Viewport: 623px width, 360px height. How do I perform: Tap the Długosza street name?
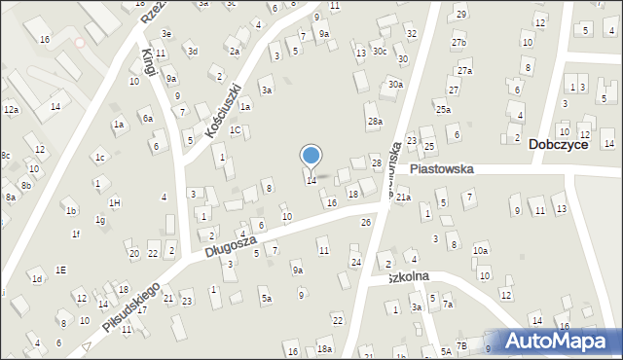tap(230, 244)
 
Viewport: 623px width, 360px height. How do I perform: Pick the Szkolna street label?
tap(409, 276)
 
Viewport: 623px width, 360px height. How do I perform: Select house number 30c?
tap(380, 51)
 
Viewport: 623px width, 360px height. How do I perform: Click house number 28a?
tap(375, 122)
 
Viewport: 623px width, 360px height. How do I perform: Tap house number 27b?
tap(458, 44)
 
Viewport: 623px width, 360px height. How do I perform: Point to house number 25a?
tap(443, 110)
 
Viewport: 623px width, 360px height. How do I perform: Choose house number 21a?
tap(402, 198)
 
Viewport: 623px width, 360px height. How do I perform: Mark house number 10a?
tap(480, 250)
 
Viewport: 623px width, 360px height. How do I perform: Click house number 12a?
tap(11, 110)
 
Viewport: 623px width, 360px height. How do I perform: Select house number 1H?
tap(115, 202)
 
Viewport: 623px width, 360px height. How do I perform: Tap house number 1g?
tap(100, 220)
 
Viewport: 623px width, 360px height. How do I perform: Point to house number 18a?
tap(323, 348)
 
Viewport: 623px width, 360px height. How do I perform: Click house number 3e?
tap(166, 34)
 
